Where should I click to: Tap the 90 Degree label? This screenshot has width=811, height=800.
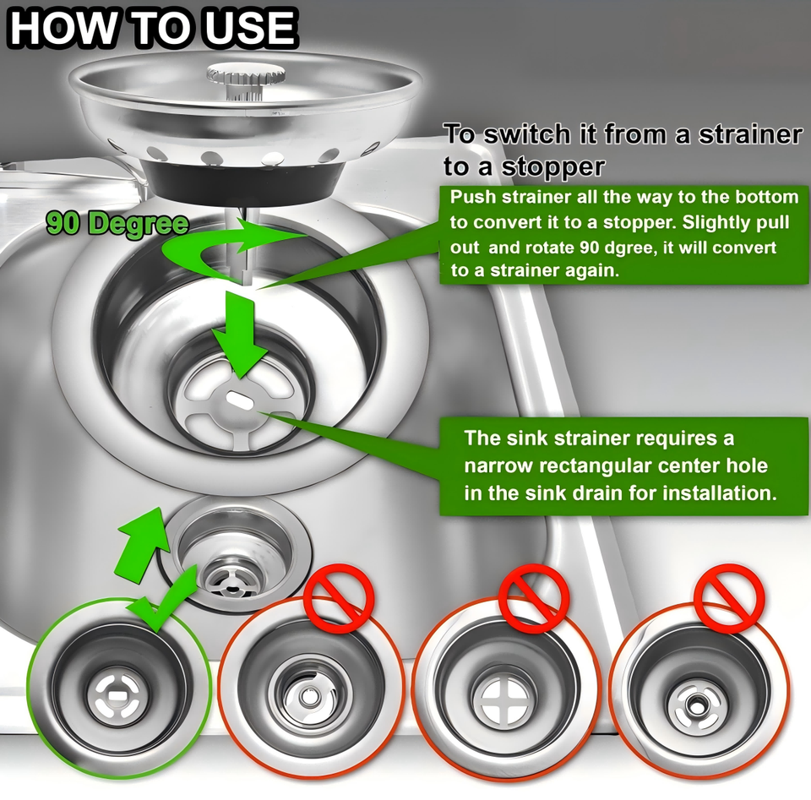point(117,224)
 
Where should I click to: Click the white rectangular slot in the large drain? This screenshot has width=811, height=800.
point(239,400)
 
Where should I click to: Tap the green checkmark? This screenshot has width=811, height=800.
point(165,599)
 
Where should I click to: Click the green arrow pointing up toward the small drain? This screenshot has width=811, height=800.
point(141,545)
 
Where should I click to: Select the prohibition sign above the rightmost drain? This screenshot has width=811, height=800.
point(729,598)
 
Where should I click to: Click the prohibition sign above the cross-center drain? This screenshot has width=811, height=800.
point(534,598)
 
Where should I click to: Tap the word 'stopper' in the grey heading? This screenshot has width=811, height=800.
point(552,166)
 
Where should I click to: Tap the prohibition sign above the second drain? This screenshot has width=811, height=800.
point(339,598)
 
